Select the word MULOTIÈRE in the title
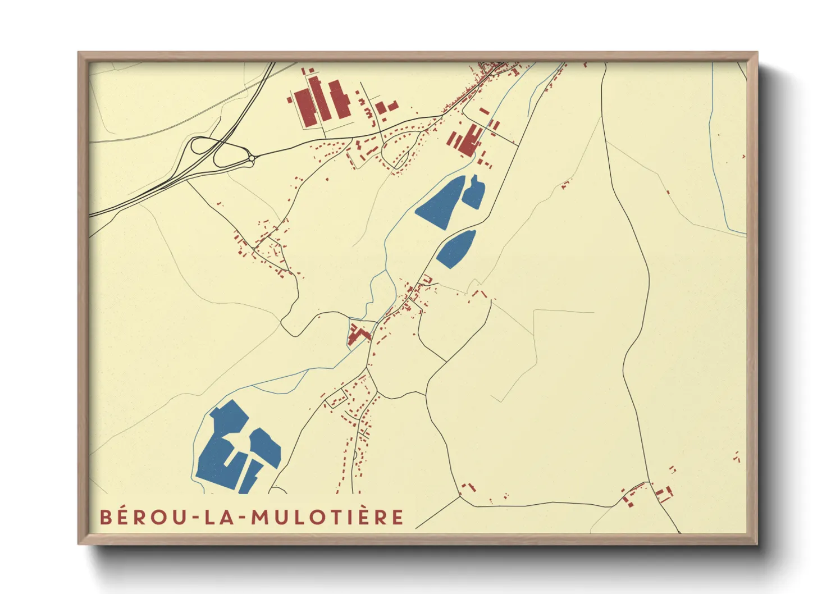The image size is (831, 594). [327, 517]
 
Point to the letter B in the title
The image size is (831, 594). [106, 517]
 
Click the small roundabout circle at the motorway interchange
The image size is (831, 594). [252, 160]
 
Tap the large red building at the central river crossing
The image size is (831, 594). [357, 335]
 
